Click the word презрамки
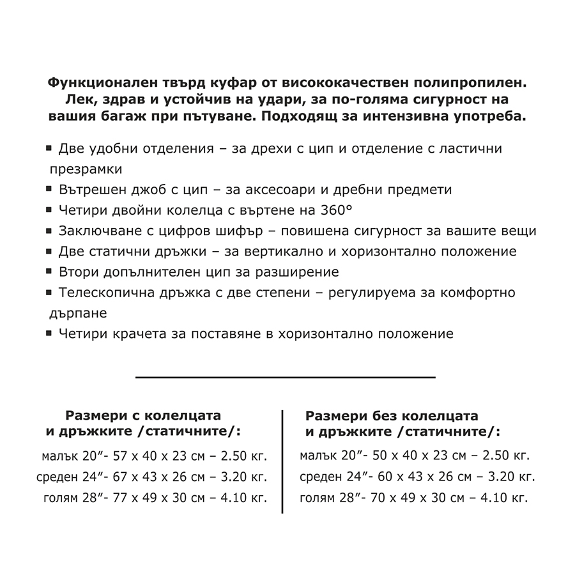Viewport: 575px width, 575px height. (86, 169)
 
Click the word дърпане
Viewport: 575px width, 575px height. (78, 313)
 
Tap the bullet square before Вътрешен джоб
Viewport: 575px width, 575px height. (49, 189)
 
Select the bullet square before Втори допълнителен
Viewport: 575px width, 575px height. (49, 271)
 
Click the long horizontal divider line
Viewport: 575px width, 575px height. (286, 377)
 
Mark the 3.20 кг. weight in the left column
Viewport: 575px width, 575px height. (243, 477)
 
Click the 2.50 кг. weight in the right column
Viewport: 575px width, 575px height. (505, 456)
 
